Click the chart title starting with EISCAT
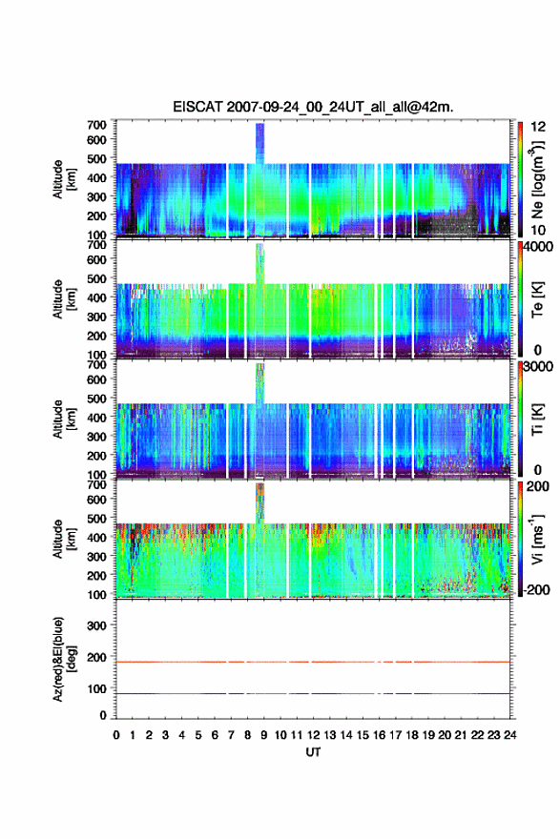tap(313, 107)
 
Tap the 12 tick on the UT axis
tap(313, 735)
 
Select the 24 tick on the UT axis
tap(510, 735)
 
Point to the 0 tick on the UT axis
tap(116, 735)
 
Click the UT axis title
tap(313, 752)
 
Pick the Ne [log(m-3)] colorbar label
tap(537, 180)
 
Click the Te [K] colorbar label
tap(537, 299)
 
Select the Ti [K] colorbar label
tap(537, 419)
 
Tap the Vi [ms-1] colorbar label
tap(537, 539)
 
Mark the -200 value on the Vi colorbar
tap(537, 589)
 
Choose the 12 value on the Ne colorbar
tap(538, 127)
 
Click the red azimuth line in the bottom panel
tap(313, 662)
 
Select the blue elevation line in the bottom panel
tap(313, 693)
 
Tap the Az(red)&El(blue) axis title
tap(64, 659)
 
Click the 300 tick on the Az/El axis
tap(97, 625)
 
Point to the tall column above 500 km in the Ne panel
tap(260, 143)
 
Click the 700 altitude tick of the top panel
tap(97, 125)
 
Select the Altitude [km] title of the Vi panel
tap(64, 539)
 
